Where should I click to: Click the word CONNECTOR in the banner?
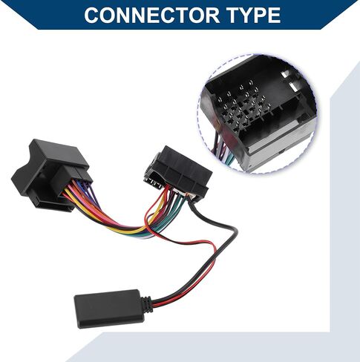151,15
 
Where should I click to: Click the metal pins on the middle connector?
153,183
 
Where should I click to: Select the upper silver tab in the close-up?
285,73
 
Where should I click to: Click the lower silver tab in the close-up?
294,86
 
